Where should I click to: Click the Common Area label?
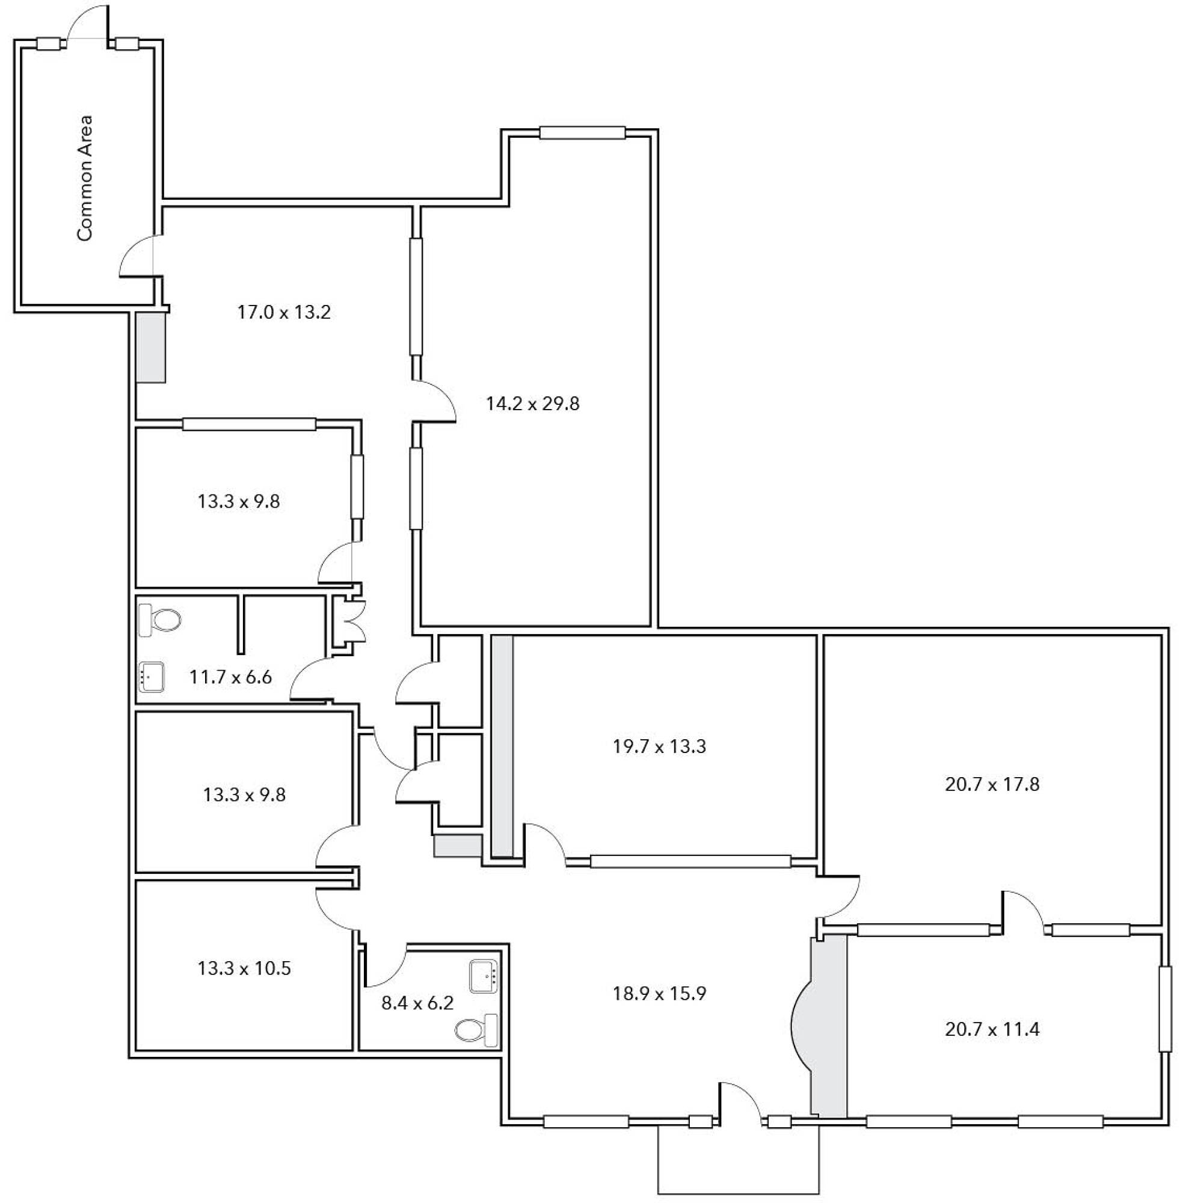(x=84, y=177)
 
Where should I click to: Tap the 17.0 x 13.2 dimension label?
(x=284, y=312)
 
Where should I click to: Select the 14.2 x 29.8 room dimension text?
(x=532, y=404)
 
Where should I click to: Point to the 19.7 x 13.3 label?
(x=659, y=746)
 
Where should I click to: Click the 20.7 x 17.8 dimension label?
(x=992, y=784)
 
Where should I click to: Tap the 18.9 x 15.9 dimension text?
(x=659, y=994)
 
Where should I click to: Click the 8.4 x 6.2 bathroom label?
(x=417, y=1003)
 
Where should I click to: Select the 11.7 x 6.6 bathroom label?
(x=230, y=677)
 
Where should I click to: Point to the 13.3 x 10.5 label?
(x=244, y=968)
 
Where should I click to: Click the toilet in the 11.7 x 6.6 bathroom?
(x=160, y=620)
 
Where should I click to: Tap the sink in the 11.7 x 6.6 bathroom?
(x=152, y=677)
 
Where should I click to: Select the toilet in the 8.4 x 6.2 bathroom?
(x=476, y=1031)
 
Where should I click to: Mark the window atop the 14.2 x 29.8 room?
(x=582, y=132)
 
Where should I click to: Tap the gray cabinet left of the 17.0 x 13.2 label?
(x=151, y=346)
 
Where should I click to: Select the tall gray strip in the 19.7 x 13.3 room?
(x=503, y=746)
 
